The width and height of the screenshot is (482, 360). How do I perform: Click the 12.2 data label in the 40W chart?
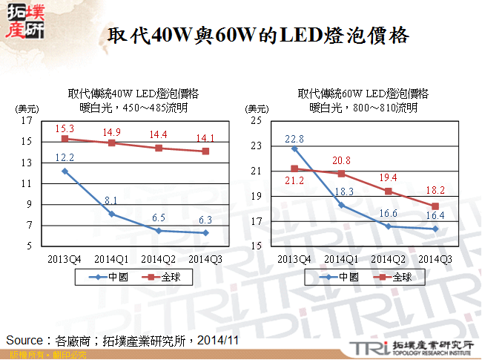click(65, 157)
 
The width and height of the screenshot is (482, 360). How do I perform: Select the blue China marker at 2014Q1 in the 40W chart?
click(111, 214)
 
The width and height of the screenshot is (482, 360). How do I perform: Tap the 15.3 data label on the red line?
click(65, 128)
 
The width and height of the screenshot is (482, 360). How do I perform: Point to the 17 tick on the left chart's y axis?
click(27, 120)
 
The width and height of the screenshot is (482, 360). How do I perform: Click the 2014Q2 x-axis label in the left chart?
click(158, 258)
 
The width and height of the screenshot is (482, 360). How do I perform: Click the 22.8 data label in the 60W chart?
click(294, 138)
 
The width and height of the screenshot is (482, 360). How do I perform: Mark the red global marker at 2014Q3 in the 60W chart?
click(435, 206)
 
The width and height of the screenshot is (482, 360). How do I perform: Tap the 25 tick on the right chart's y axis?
click(257, 120)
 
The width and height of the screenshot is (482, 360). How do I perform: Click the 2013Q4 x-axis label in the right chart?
click(294, 258)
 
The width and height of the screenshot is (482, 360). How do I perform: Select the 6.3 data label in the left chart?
click(205, 220)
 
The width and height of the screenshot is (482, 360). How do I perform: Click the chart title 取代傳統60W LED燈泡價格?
click(363, 94)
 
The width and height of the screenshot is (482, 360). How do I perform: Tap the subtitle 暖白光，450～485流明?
click(133, 108)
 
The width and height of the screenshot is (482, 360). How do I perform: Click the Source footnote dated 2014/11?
click(122, 340)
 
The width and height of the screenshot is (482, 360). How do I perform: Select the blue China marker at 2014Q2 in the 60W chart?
click(389, 226)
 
